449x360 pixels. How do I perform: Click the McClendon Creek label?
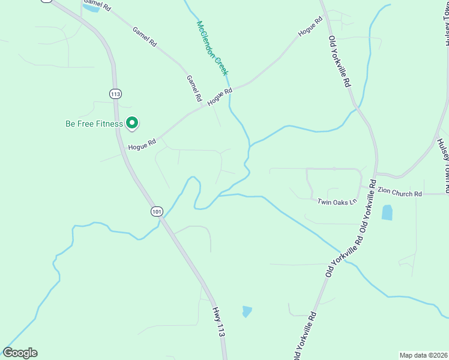click(212, 48)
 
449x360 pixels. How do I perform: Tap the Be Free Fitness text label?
click(94, 124)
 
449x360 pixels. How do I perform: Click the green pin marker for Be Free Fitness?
click(132, 123)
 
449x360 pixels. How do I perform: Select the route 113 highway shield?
click(116, 93)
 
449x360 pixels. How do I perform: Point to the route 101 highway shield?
click(157, 211)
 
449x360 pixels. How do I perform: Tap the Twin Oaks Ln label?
click(337, 202)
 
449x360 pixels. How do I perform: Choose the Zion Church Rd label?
click(400, 194)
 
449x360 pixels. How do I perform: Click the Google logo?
click(20, 353)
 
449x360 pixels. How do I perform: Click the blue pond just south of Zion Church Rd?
click(387, 212)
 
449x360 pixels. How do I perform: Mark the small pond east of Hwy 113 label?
click(247, 311)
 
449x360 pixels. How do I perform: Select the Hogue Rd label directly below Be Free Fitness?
click(142, 145)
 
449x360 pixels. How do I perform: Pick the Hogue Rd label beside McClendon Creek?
click(220, 98)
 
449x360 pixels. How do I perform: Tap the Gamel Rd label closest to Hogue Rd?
click(194, 88)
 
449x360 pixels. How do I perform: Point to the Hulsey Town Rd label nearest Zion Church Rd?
click(444, 166)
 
